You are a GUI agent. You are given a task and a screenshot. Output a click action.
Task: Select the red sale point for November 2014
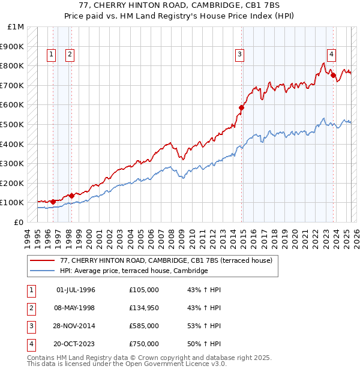pyautogui.click(x=242, y=108)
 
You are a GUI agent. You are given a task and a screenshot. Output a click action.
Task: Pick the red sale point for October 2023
pyautogui.click(x=333, y=76)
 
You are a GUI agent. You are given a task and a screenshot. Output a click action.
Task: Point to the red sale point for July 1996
pyautogui.click(x=53, y=202)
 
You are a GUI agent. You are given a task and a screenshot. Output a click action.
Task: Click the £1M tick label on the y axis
pyautogui.click(x=17, y=27)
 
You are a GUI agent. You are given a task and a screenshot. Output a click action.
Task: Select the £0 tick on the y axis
pyautogui.click(x=19, y=222)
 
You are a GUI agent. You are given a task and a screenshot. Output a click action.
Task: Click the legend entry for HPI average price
pyautogui.click(x=133, y=271)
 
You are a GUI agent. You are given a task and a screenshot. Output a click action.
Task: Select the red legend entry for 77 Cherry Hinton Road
pyautogui.click(x=166, y=260)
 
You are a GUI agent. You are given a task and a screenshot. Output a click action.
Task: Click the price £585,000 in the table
pyautogui.click(x=144, y=326)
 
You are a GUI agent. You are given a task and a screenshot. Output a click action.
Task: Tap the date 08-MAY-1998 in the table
pyautogui.click(x=76, y=308)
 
